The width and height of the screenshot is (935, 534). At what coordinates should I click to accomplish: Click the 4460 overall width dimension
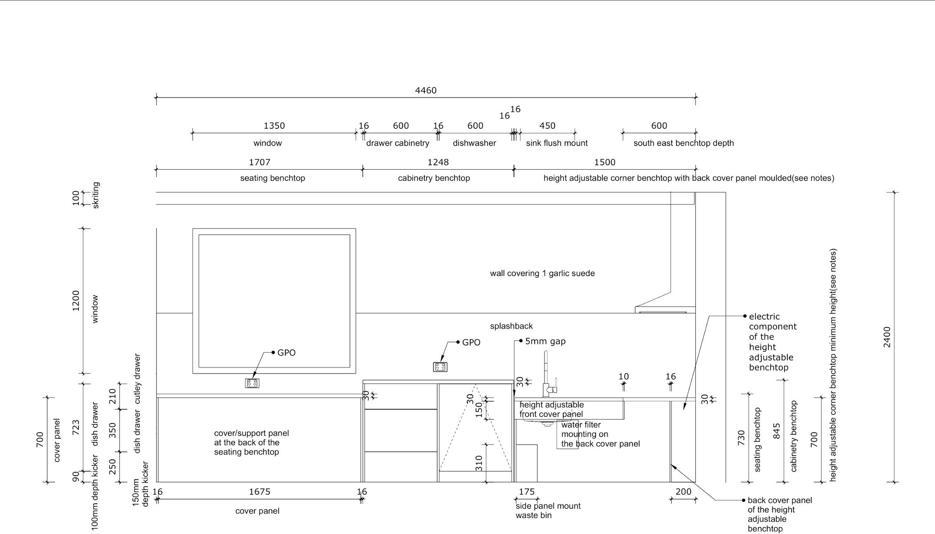[x=426, y=90]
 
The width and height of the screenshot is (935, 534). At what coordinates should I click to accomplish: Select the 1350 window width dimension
[x=274, y=126]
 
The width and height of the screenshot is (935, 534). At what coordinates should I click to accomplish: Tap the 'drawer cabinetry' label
[x=398, y=143]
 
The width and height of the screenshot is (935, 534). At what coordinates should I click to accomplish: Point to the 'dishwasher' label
[x=474, y=143]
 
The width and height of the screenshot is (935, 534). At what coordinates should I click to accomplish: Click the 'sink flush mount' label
[x=557, y=143]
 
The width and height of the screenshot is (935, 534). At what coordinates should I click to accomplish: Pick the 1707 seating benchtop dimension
[x=259, y=162]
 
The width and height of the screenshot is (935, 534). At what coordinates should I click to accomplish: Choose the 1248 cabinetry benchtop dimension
[x=438, y=162]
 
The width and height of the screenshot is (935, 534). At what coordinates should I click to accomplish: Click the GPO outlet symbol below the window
[x=252, y=383]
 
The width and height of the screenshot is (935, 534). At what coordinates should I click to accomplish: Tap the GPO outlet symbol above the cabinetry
[x=440, y=367]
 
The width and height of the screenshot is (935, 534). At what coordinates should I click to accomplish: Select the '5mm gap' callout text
[x=545, y=341]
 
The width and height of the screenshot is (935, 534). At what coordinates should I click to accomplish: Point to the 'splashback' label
[x=511, y=326]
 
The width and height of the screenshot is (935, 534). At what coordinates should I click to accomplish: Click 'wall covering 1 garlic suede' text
[x=542, y=273]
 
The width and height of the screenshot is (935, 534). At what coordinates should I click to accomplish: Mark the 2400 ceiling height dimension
[x=887, y=337]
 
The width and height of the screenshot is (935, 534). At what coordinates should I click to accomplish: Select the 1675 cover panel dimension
[x=259, y=492]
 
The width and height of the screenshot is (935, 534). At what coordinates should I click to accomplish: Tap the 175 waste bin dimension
[x=527, y=492]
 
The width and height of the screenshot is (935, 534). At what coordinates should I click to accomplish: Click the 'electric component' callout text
[x=773, y=342]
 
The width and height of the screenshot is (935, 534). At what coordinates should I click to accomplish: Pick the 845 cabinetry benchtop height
[x=776, y=431]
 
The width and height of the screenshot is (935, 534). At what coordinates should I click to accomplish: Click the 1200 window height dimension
[x=76, y=301]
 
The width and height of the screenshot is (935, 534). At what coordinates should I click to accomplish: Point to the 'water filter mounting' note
[x=600, y=434]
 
